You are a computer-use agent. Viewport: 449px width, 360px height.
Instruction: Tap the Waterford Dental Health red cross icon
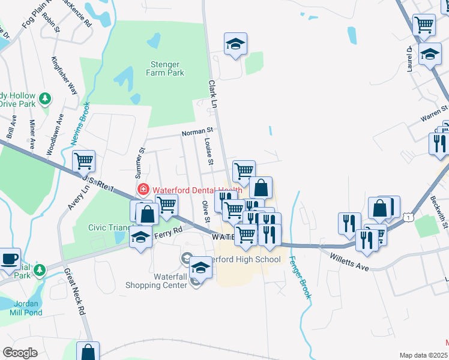pos(143,190)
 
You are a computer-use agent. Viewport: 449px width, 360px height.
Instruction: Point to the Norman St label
pos(198,130)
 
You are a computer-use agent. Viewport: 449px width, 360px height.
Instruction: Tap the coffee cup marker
pos(9,258)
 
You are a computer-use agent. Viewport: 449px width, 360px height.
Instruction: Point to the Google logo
pos(20,353)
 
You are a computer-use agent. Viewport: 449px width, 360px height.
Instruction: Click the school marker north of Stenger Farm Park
pos(236,43)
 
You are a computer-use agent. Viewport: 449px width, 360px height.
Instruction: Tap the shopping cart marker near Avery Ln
pos(83,160)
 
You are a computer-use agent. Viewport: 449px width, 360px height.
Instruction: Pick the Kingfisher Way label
pos(64,76)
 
